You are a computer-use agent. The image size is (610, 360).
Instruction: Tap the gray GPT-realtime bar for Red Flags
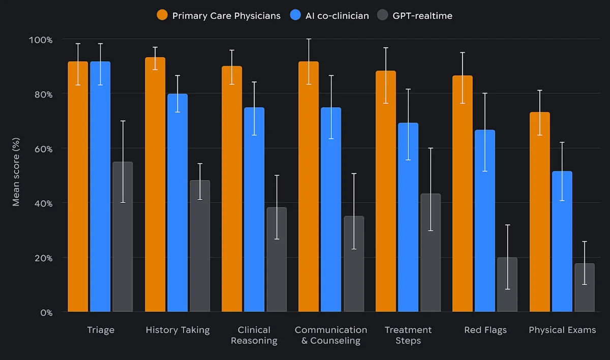pos(507,285)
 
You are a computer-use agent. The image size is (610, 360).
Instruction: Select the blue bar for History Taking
pos(177,203)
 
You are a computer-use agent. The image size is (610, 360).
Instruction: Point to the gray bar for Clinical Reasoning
pos(277,259)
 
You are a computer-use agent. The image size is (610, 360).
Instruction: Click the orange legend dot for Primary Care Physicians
pos(162,15)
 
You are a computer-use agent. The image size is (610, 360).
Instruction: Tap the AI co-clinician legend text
pos(337,16)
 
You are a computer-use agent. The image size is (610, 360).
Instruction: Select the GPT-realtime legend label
pos(422,16)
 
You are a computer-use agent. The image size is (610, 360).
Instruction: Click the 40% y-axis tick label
pos(41,203)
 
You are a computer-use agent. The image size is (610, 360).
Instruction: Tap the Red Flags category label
pos(485,330)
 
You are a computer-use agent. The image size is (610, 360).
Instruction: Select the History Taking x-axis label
pos(177,330)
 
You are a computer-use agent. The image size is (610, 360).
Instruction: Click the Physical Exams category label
pos(562,330)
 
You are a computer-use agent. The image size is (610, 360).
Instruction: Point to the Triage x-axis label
pos(100,330)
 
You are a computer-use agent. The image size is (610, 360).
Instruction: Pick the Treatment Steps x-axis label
pos(408,335)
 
